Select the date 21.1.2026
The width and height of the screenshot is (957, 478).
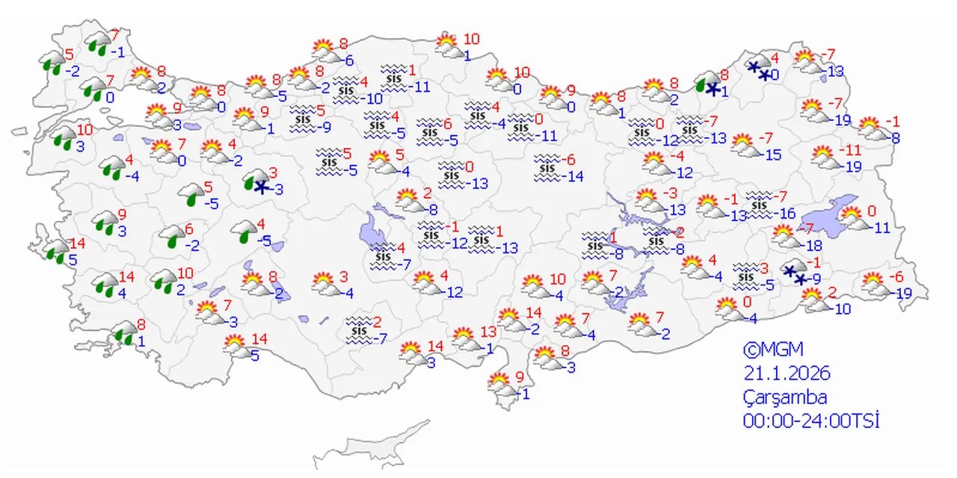[x=787, y=373]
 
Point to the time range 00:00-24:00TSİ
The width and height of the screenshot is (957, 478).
[x=810, y=421]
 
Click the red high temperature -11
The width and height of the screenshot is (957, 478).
[x=850, y=149]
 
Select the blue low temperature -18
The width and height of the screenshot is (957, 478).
[x=813, y=246]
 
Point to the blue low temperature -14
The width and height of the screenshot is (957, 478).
[x=574, y=177]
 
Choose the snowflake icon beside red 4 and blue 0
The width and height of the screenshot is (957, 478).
[x=759, y=69]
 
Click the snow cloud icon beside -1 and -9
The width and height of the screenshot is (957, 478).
[x=794, y=273]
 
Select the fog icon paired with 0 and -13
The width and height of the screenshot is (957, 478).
[x=450, y=171]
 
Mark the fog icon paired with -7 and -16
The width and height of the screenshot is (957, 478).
[x=759, y=202]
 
